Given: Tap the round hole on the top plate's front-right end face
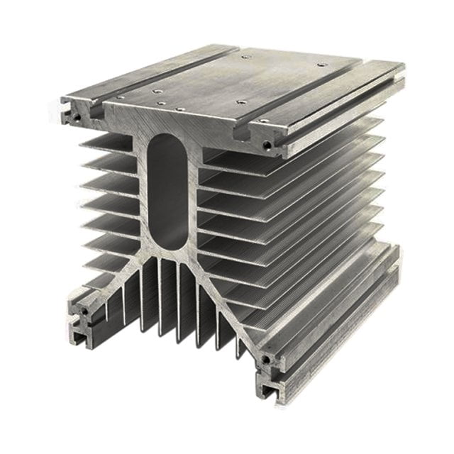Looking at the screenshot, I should click(267, 145).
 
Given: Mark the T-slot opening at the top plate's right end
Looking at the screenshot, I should click(278, 150).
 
